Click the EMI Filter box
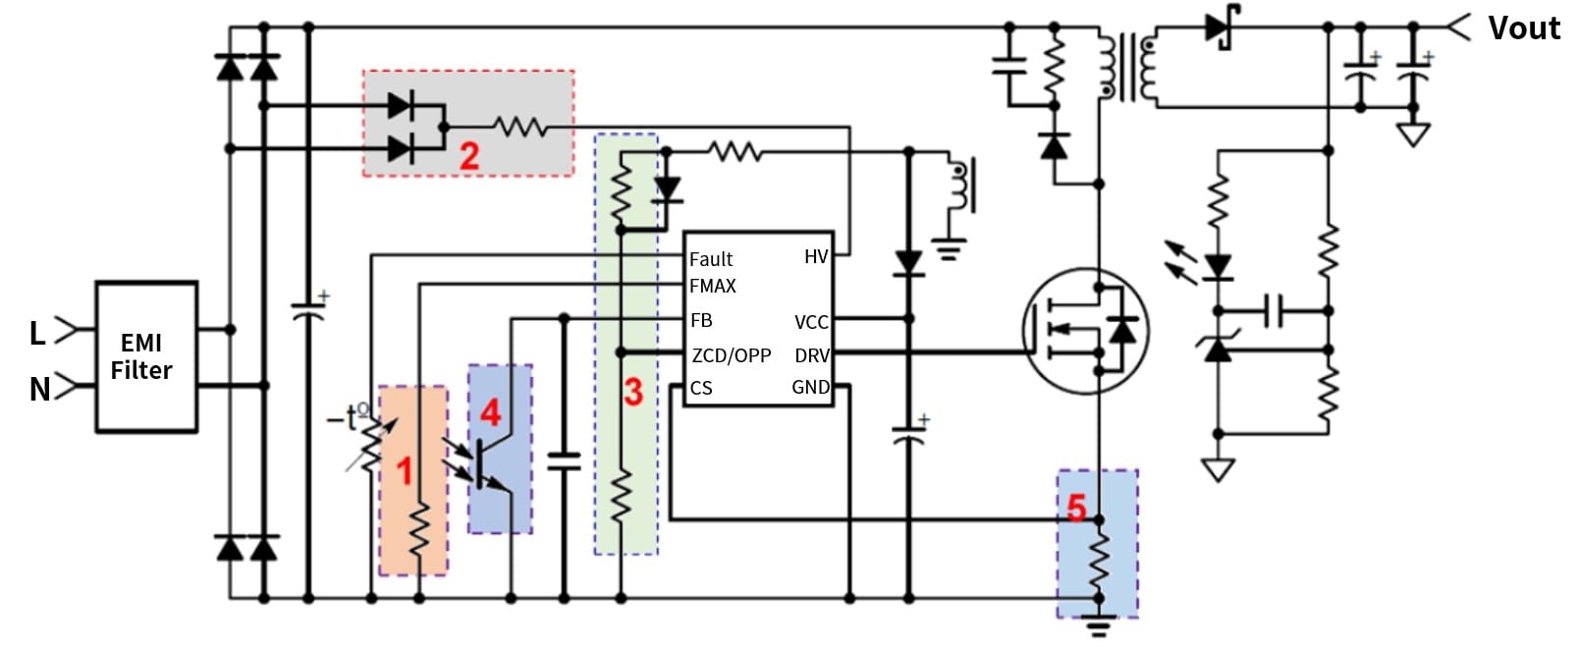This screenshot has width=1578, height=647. click(145, 356)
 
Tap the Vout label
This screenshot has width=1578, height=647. click(1523, 28)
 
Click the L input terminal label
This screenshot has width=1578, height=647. click(37, 334)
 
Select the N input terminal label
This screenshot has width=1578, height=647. click(39, 390)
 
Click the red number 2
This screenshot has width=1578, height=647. click(469, 155)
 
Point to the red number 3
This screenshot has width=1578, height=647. click(633, 392)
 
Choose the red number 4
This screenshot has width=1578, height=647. click(490, 412)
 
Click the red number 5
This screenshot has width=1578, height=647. click(1076, 508)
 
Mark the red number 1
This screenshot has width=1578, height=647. click(404, 471)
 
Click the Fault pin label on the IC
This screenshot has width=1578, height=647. click(711, 259)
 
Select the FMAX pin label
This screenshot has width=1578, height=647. click(713, 287)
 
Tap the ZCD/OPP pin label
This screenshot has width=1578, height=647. click(732, 355)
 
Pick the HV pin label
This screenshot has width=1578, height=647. click(816, 257)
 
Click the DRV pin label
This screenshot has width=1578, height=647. click(812, 355)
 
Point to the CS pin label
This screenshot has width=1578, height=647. click(701, 388)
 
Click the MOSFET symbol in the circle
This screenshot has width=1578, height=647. click(1085, 331)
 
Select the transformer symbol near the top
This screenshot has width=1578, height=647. click(1127, 66)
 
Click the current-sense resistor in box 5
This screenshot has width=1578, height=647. click(1099, 559)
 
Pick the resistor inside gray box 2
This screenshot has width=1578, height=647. click(519, 127)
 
